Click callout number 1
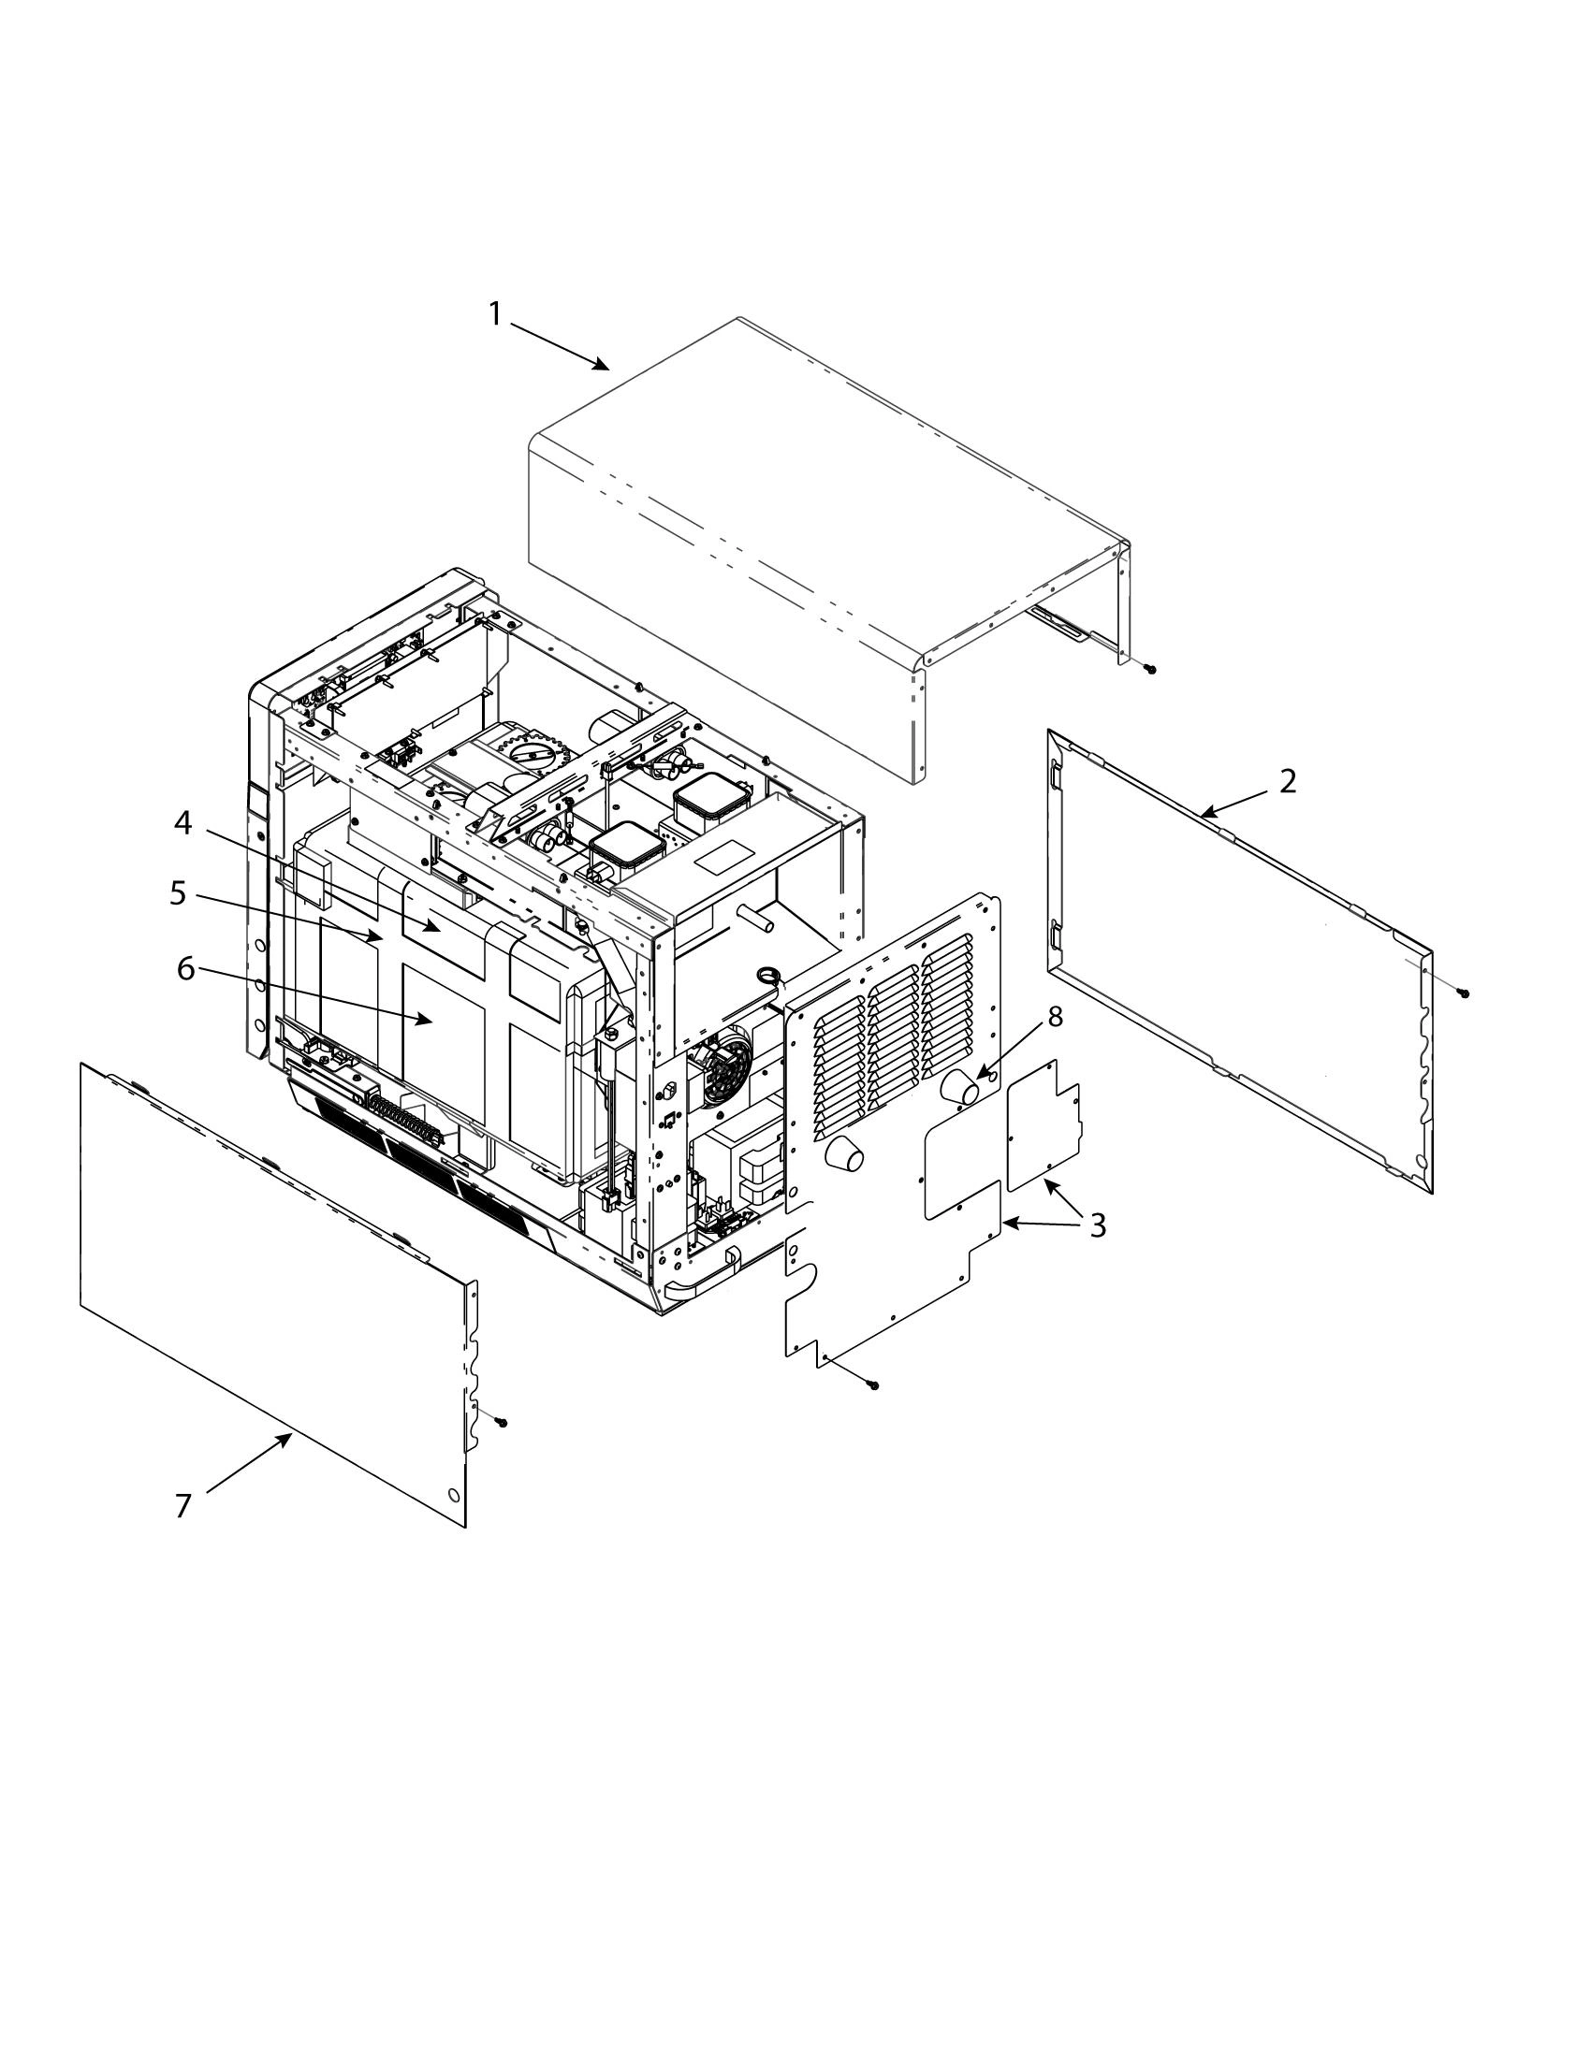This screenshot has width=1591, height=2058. [x=496, y=313]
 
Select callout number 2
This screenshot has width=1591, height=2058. [x=1287, y=781]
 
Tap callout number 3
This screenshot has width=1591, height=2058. [x=1097, y=1225]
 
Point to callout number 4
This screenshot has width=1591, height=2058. [x=182, y=822]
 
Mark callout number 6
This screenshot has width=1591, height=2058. [x=185, y=968]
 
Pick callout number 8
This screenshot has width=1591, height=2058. [x=1055, y=1017]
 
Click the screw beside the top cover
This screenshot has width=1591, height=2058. [x=1151, y=669]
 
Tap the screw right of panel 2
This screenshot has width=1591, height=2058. [x=1464, y=993]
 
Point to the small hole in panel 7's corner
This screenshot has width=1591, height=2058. [x=453, y=1496]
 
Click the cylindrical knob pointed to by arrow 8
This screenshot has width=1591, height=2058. [x=960, y=1088]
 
